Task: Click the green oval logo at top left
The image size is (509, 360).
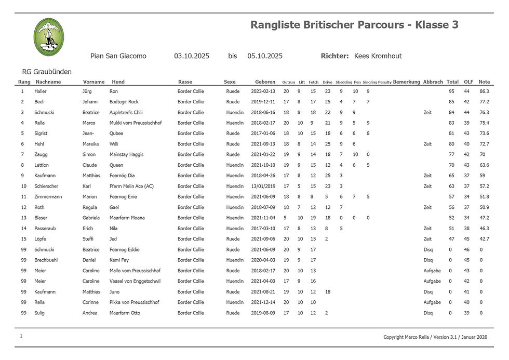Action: click(49, 36)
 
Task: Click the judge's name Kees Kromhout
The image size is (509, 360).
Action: click(378, 56)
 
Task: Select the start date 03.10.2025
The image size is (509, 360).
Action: click(192, 56)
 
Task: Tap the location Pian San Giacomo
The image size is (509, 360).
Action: click(118, 56)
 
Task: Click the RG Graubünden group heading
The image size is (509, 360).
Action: click(47, 72)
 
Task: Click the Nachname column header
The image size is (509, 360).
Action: click(49, 82)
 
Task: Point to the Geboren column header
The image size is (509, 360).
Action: click(265, 82)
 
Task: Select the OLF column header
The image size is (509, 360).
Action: click(468, 82)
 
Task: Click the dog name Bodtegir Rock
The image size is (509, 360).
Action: click(124, 102)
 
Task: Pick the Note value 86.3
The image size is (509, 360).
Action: click(484, 91)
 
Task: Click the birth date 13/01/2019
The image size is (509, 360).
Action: click(263, 186)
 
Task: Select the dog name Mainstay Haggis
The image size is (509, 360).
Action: click(127, 155)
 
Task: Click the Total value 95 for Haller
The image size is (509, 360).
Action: click(451, 91)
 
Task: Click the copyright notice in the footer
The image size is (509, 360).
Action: click(435, 337)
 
